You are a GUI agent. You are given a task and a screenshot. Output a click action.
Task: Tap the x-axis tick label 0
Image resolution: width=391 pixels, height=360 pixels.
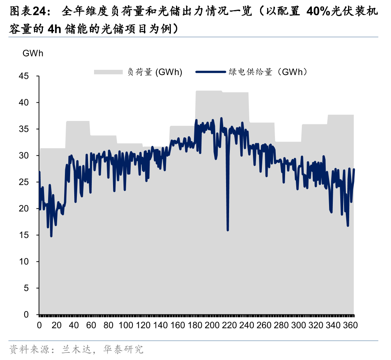coord(39,325)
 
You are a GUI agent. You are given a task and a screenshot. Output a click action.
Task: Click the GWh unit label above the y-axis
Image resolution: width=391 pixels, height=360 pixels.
coord(33,53)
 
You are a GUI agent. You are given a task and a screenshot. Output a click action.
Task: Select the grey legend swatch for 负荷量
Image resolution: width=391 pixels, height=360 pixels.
coord(108,72)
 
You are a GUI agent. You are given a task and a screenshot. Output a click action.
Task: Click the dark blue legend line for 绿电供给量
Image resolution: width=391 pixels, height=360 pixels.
coord(211,72)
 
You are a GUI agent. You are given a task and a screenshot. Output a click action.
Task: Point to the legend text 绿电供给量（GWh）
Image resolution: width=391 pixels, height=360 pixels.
coord(269,72)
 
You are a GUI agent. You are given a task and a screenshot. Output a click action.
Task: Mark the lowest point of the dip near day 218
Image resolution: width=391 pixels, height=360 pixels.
coord(228,230)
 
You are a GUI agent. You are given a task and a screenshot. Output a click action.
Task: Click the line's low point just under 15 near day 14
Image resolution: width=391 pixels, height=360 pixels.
coord(51,236)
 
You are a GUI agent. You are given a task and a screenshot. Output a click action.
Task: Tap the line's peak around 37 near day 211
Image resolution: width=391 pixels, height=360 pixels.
coord(221,118)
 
